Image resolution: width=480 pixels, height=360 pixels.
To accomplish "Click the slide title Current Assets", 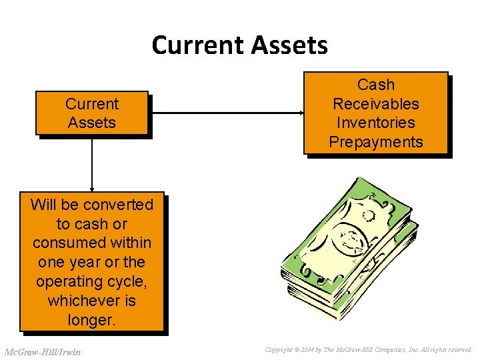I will (239, 45).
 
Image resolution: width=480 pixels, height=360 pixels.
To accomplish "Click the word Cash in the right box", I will (376, 85).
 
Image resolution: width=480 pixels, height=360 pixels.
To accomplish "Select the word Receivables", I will (376, 104).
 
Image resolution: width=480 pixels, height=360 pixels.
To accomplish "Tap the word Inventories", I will (376, 123).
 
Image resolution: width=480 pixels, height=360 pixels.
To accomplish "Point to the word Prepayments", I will (376, 142).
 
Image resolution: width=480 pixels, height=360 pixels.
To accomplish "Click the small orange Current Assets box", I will (91, 113).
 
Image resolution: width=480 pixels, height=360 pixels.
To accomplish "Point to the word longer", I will (92, 320).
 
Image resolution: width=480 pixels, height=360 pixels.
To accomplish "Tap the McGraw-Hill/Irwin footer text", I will (42, 351).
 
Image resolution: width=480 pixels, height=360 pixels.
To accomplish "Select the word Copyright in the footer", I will (279, 349).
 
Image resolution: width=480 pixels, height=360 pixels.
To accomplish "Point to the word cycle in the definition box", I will (127, 281).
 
